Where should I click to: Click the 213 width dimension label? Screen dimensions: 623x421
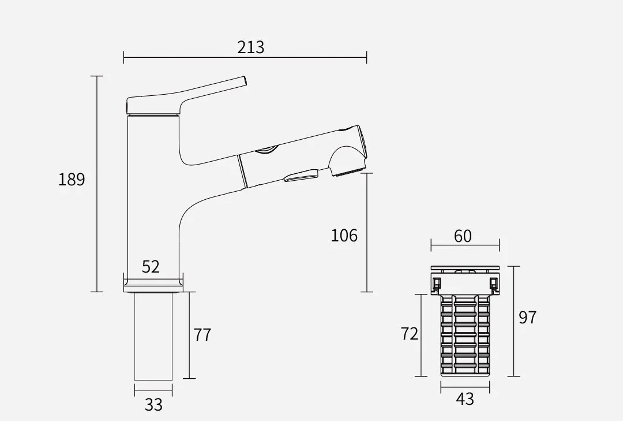pos(251,47)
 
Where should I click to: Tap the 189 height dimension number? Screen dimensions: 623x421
pos(72,180)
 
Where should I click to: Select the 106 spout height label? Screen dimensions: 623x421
pos(344,236)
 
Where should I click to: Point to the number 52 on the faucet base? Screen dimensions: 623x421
pos(151,267)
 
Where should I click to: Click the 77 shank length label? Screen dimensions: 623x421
pos(202,335)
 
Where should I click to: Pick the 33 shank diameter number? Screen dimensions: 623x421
pos(153,405)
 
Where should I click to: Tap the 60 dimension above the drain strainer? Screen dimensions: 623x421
pos(463,236)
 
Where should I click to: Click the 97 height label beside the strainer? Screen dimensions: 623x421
pos(528,318)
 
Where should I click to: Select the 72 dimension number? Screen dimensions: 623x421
pos(409,334)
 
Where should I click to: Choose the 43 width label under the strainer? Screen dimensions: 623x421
pos(465,398)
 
